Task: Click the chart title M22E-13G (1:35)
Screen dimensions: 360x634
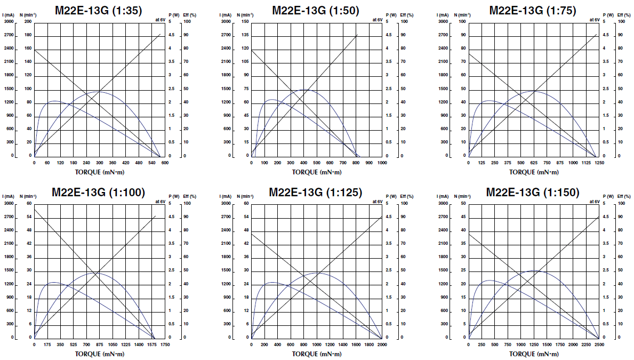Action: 98,10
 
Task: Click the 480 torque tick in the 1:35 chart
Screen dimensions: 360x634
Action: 139,163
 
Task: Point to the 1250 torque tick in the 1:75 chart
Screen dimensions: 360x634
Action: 599,163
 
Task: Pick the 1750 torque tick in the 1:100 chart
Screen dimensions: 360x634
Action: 165,345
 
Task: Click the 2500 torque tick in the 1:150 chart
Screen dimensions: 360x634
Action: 599,345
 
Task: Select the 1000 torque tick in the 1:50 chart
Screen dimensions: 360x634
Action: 382,163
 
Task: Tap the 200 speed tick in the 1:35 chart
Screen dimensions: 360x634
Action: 28,22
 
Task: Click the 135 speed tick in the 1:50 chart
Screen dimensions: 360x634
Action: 245,35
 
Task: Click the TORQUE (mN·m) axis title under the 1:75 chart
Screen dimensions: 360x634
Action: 534,172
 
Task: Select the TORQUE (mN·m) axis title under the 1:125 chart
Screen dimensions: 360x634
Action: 317,354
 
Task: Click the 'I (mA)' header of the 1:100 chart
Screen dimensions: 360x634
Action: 9,197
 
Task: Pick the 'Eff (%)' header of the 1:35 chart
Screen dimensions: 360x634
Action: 190,15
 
